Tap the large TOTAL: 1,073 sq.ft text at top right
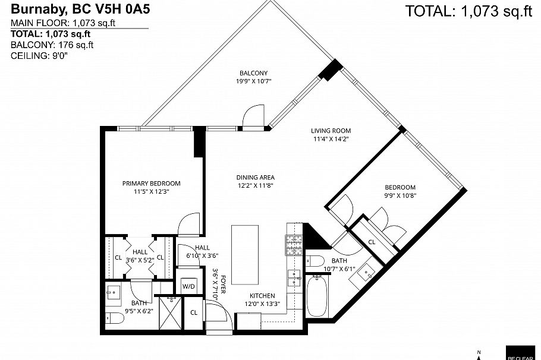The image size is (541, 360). pyautogui.click(x=468, y=11)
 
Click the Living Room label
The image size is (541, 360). pyautogui.click(x=331, y=131)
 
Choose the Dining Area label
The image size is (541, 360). pyautogui.click(x=255, y=177)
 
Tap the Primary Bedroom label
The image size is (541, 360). pyautogui.click(x=151, y=184)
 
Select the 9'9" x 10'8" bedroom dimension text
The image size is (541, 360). pyautogui.click(x=399, y=195)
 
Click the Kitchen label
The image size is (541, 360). pyautogui.click(x=262, y=295)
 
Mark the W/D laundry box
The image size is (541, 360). pyautogui.click(x=188, y=286)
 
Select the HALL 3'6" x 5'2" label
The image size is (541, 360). pyautogui.click(x=140, y=255)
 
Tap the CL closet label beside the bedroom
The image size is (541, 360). pyautogui.click(x=372, y=242)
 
